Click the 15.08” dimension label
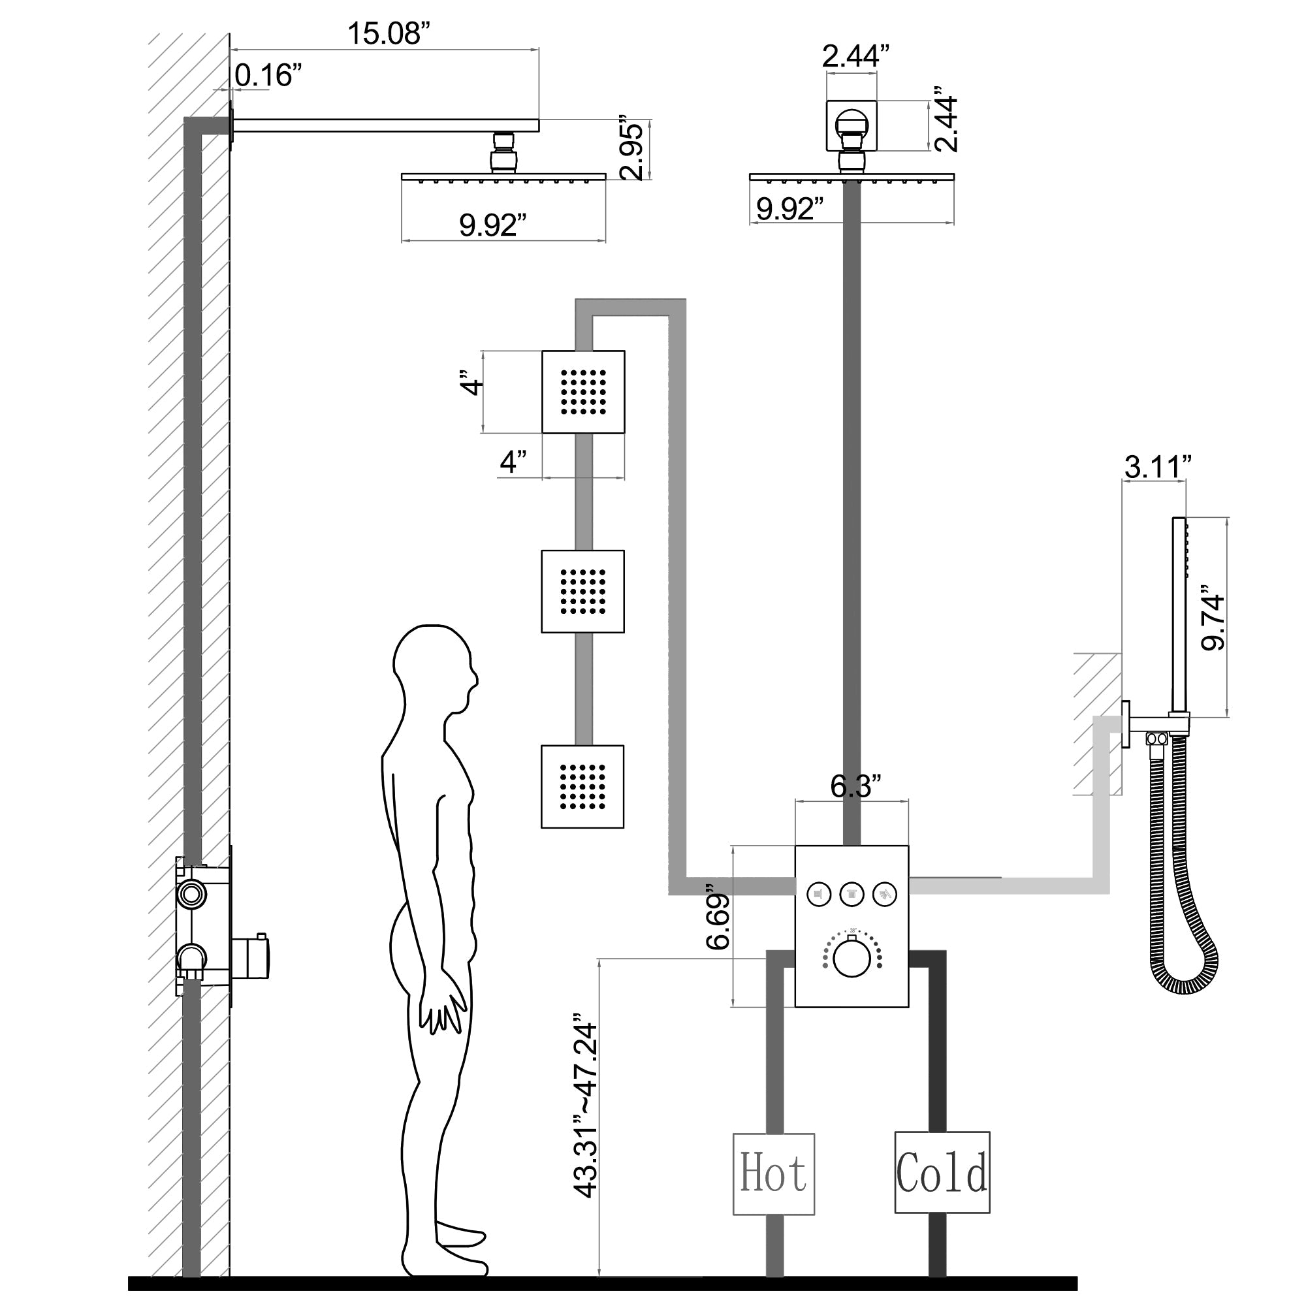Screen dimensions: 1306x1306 coord(389,34)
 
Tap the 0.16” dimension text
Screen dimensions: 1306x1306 coord(268,75)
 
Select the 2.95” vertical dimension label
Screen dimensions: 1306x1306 coord(633,151)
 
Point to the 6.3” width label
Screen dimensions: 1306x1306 coord(855,786)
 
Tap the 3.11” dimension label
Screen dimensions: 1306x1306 coord(1157,466)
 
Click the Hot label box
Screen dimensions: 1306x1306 coord(773,1173)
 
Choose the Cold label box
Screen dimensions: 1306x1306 coord(942,1173)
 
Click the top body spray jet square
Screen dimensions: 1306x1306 coord(582,392)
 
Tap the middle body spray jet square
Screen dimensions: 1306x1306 coord(582,592)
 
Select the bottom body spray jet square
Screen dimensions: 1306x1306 coord(582,786)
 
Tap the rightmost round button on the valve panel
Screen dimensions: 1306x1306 coord(885,895)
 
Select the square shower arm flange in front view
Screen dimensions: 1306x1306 coord(851,127)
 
